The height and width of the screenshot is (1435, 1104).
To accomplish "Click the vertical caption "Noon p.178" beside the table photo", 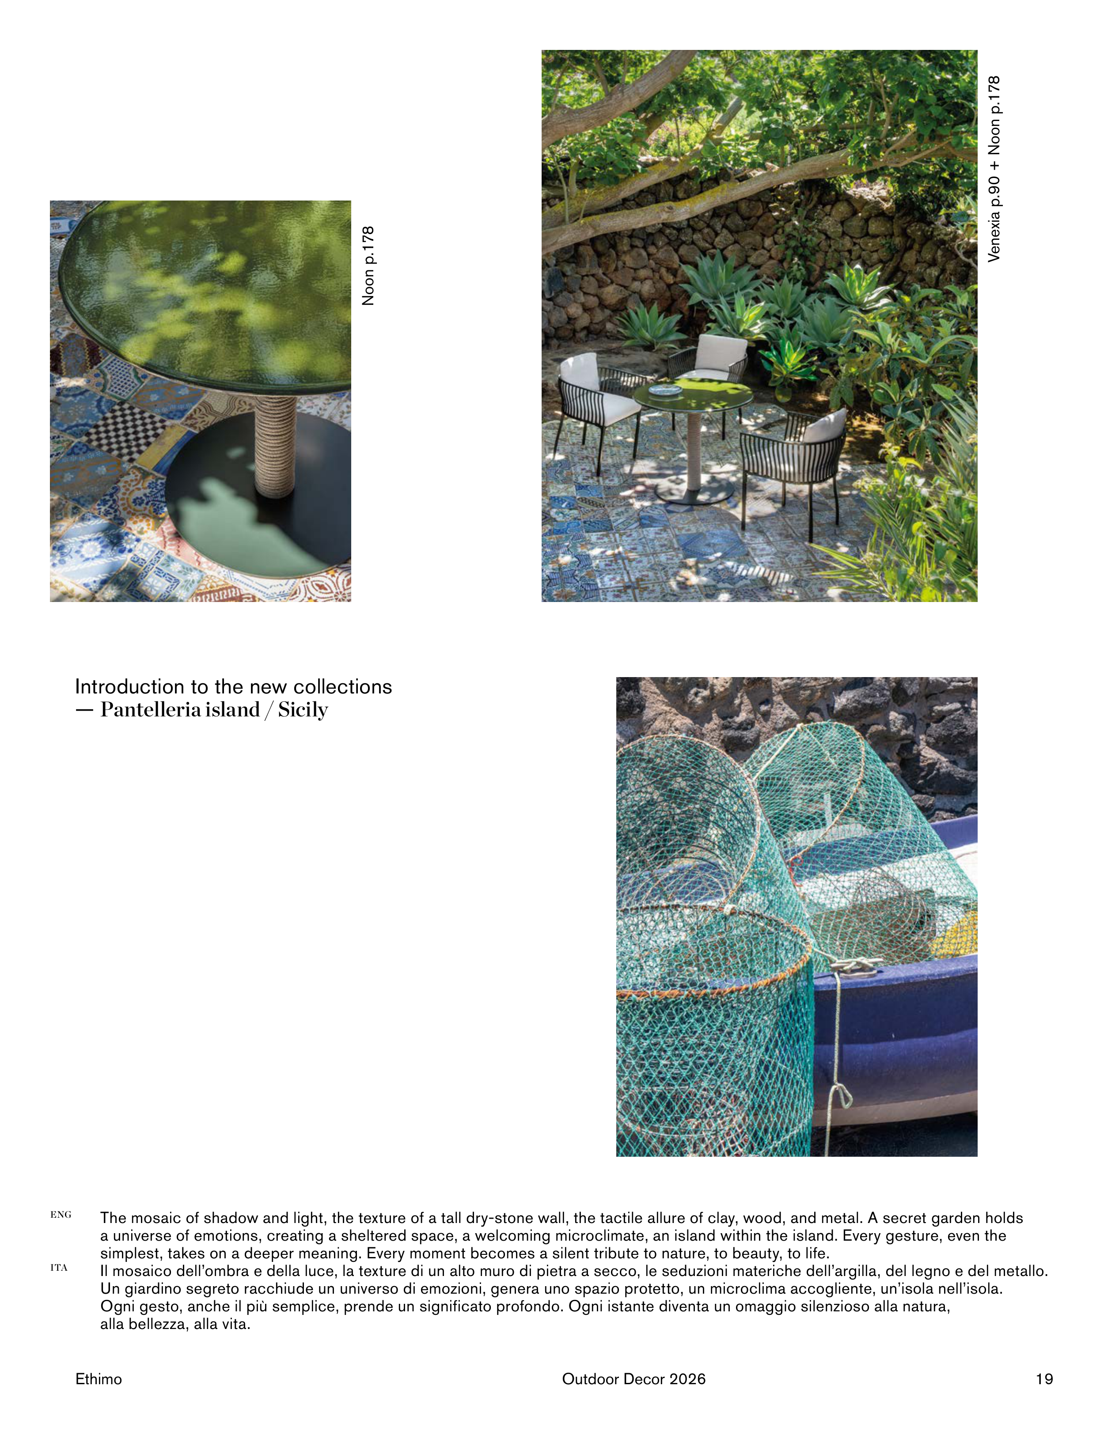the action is point(368,265).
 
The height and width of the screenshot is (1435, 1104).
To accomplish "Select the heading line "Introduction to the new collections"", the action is point(233,687).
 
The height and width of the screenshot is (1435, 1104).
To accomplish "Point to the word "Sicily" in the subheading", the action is point(303,710).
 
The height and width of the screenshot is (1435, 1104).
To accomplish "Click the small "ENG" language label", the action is point(61,1215).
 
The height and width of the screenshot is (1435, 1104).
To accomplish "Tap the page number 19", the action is point(1044,1379).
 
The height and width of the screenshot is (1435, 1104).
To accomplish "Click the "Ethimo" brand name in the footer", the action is point(99,1379).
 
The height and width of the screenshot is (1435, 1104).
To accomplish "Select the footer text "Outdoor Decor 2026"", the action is point(634,1379).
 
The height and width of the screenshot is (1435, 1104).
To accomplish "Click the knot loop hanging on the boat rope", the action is point(841,1094).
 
